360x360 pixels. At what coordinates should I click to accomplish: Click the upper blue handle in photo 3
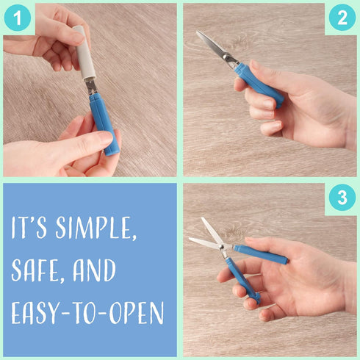click(x=261, y=253)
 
